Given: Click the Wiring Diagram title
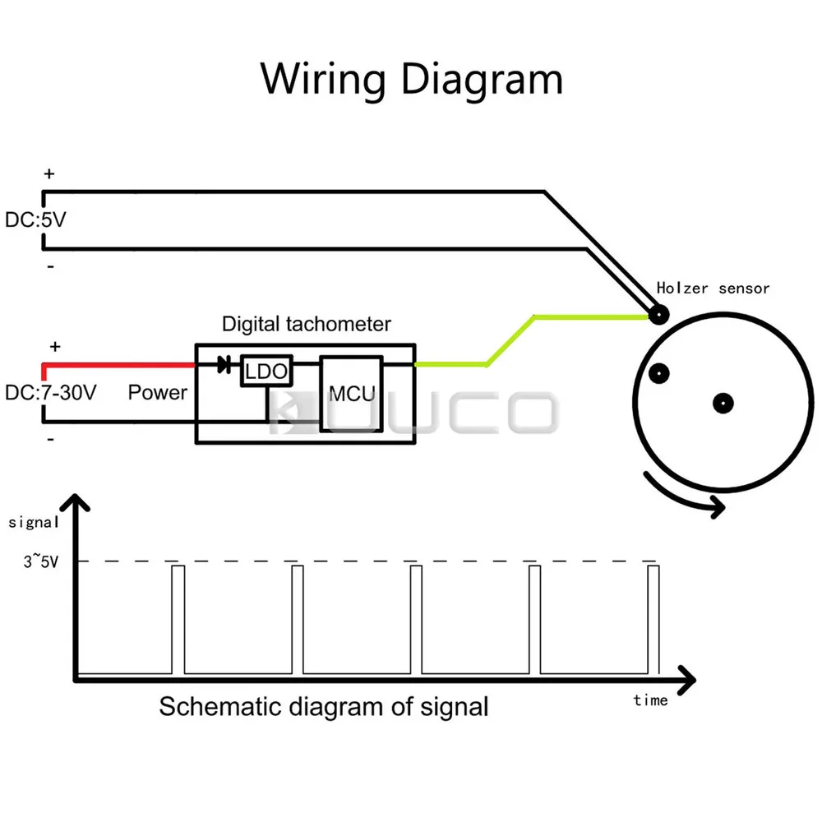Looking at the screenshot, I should pos(411,80).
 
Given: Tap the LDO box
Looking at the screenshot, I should pos(266,372).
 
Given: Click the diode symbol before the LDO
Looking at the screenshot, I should pos(223,366).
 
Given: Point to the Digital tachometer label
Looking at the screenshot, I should pos(306,324).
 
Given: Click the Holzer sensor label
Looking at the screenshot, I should pos(713,289).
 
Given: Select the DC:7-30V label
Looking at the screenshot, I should pos(51,393).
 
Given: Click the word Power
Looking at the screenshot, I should pos(157,393).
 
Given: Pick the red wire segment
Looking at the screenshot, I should pos(118,365).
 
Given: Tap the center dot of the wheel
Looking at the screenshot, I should pos(723,403).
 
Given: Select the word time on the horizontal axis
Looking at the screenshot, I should pos(650,700).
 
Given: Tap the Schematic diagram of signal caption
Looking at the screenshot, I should pos(323,706).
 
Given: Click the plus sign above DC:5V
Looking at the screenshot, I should pos(49,174).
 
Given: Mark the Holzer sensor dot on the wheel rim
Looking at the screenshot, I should pos(658,313).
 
